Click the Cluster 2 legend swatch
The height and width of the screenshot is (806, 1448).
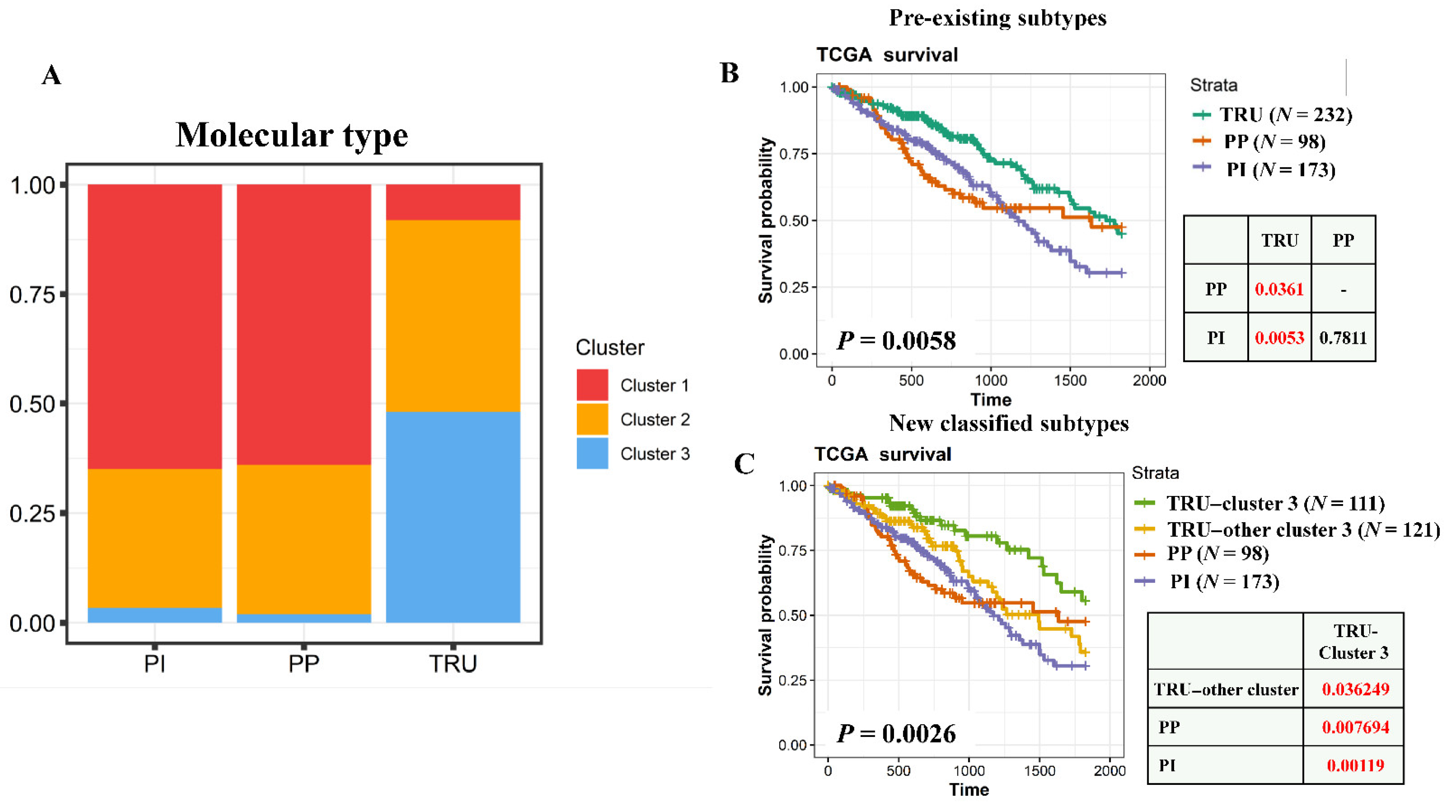(x=592, y=419)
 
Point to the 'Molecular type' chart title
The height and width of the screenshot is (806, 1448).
(x=292, y=135)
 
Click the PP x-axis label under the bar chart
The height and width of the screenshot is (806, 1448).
(x=304, y=664)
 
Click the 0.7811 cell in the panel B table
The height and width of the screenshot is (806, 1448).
(x=1343, y=338)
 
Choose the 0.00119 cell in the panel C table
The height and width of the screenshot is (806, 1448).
(x=1355, y=765)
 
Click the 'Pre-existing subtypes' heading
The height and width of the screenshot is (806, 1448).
(x=997, y=18)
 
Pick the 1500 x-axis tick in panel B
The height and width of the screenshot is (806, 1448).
(x=1070, y=380)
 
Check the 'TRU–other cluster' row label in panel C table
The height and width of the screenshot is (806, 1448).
(x=1226, y=689)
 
